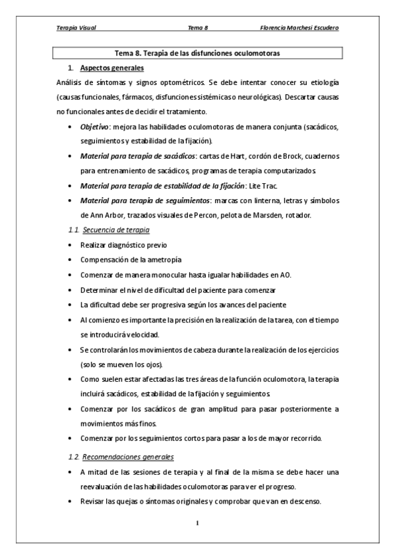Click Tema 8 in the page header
pyautogui.click(x=198, y=29)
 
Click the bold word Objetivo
pyautogui.click(x=95, y=127)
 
